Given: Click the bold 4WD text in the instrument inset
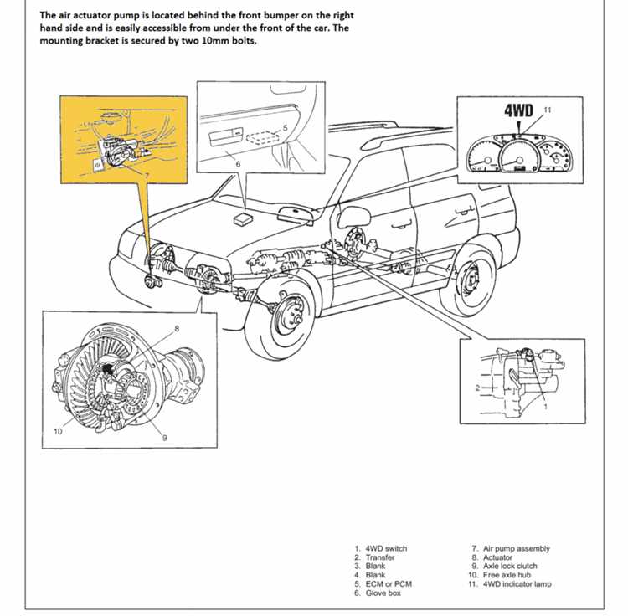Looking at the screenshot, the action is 518,110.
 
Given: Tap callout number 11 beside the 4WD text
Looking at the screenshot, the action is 548,110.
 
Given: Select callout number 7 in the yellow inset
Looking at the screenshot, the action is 147,176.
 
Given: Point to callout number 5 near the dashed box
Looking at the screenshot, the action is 285,128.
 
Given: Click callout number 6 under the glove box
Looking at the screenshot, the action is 238,164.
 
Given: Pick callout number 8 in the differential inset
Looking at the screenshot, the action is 177,329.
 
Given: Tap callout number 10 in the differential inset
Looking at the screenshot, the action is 58,431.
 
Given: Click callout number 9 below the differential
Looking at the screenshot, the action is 164,438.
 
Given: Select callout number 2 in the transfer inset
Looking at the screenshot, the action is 477,388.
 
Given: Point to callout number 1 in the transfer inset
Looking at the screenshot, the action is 545,407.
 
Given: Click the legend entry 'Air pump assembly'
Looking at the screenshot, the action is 517,548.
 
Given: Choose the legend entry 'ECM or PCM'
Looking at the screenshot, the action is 389,584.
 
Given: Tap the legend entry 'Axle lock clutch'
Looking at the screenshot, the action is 510,566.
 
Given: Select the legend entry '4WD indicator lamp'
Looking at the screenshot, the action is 517,584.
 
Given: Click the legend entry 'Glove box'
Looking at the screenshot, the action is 383,593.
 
